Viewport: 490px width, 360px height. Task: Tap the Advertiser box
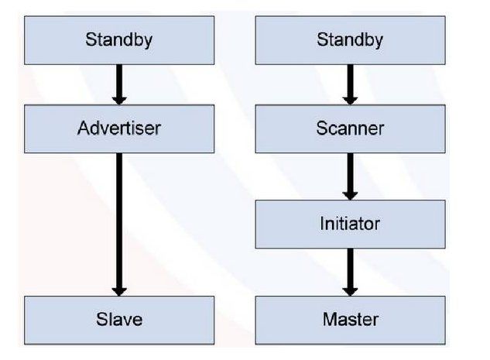coord(118,129)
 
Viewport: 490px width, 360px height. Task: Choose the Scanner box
coord(350,129)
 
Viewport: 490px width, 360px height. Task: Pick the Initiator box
coord(350,225)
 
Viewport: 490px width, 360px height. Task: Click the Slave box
coord(118,318)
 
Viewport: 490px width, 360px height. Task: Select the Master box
coord(350,318)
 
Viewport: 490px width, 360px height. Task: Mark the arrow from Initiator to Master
coord(350,271)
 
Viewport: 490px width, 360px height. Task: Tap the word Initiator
coord(350,225)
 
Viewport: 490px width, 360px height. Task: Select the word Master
coord(350,318)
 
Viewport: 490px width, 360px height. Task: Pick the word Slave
coord(119,318)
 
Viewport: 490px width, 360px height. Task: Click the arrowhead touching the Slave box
coord(118,288)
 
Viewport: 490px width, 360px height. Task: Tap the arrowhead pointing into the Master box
coord(350,288)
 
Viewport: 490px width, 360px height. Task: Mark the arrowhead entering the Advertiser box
coord(118,98)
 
